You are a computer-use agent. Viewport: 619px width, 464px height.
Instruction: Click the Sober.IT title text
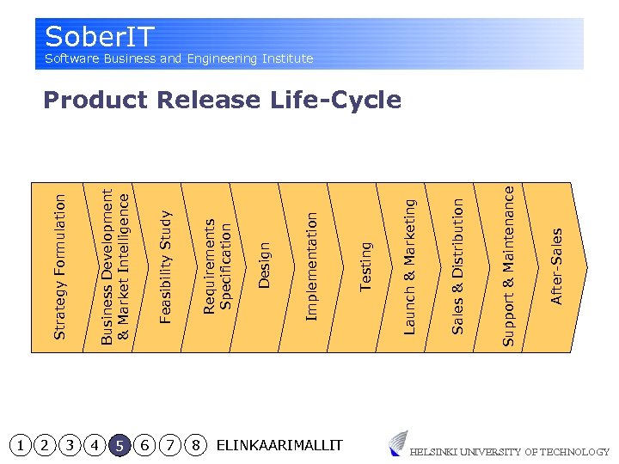pyautogui.click(x=100, y=37)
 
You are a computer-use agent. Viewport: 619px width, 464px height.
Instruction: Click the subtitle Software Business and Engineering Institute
pyautogui.click(x=179, y=58)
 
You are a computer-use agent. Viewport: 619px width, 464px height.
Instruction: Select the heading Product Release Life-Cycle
pyautogui.click(x=222, y=101)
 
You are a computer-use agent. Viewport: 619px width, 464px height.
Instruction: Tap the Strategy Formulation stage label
pyautogui.click(x=59, y=266)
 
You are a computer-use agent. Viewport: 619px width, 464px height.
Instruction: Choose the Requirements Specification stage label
pyautogui.click(x=217, y=265)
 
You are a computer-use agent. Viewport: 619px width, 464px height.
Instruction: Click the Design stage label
pyautogui.click(x=265, y=265)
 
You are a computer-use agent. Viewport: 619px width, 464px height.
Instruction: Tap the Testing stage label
pyautogui.click(x=365, y=266)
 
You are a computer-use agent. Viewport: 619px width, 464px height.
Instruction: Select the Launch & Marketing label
pyautogui.click(x=410, y=266)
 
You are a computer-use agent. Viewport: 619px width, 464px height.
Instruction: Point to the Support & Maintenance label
pyautogui.click(x=508, y=266)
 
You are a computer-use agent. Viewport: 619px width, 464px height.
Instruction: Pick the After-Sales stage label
pyautogui.click(x=556, y=266)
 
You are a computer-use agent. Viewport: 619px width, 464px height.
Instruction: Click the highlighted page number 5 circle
pyautogui.click(x=120, y=445)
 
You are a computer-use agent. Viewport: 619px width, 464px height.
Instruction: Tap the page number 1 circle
pyautogui.click(x=20, y=445)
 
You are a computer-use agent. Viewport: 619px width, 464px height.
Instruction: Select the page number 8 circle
pyautogui.click(x=196, y=445)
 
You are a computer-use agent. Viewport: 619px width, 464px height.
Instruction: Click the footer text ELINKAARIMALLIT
pyautogui.click(x=279, y=445)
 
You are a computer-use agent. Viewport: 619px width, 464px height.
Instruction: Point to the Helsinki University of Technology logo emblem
pyautogui.click(x=397, y=443)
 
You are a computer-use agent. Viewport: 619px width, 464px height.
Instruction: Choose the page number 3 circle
pyautogui.click(x=70, y=445)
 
